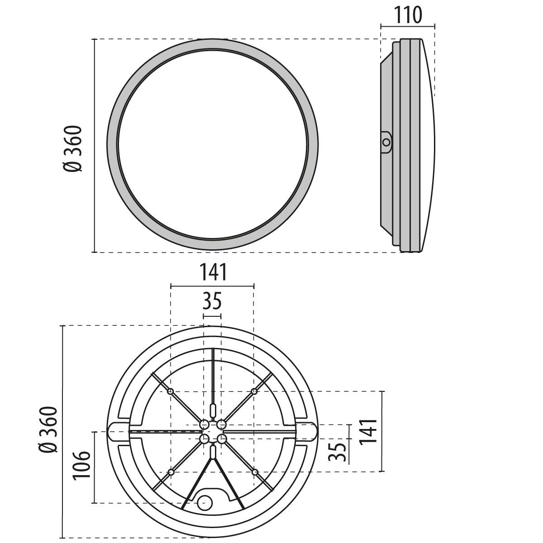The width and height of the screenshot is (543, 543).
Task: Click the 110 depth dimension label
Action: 407,14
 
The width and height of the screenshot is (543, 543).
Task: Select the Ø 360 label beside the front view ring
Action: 72,148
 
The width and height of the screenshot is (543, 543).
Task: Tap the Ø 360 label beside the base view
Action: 48,429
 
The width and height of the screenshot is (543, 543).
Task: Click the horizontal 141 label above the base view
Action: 212,272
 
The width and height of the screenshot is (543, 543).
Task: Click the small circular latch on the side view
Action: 386,143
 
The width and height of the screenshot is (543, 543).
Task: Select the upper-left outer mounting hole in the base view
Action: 171,391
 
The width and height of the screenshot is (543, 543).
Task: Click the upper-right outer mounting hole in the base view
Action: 254,391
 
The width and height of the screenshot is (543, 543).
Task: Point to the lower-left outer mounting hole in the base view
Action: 171,472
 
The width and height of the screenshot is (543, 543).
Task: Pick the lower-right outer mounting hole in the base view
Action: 255,472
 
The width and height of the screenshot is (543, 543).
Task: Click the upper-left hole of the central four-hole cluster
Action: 204,424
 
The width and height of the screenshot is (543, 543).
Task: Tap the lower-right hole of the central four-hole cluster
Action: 221,438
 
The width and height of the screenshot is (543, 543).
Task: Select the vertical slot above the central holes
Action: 213,411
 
